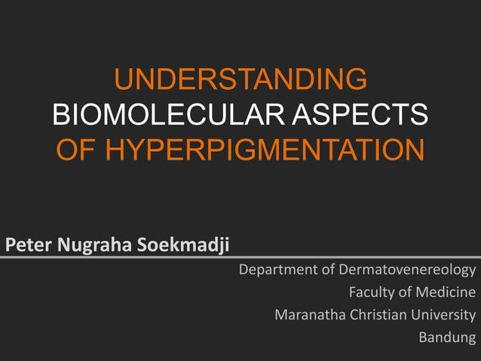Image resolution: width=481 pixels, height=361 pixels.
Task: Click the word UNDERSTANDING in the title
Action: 240,79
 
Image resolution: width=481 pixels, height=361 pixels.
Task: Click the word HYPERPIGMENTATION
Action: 264,150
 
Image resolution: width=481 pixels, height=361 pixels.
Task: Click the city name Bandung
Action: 448,337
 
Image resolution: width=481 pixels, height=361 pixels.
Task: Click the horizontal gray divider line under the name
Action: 240,258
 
